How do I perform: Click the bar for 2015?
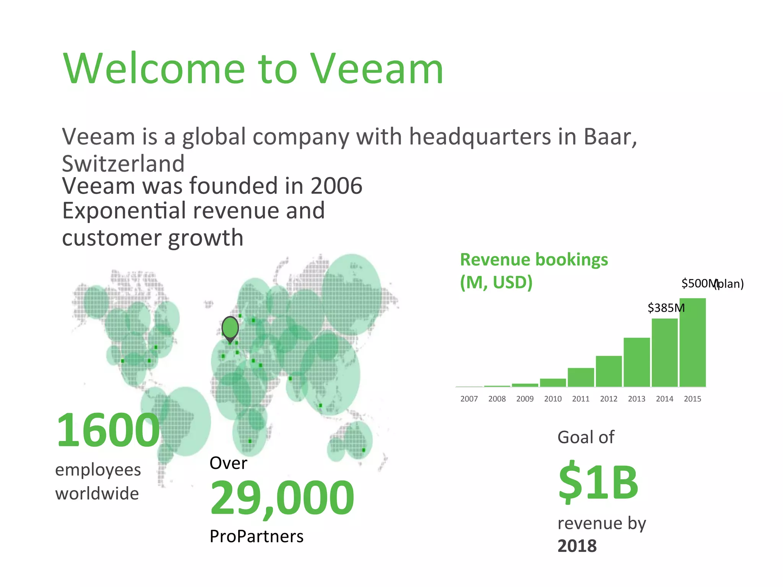pyautogui.click(x=692, y=342)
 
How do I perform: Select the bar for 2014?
pyautogui.click(x=664, y=352)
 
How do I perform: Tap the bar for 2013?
pyautogui.click(x=637, y=362)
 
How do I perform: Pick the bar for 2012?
pyautogui.click(x=609, y=371)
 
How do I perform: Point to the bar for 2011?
pyautogui.click(x=581, y=377)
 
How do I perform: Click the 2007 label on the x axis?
pyautogui.click(x=469, y=399)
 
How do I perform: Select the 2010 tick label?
pyautogui.click(x=553, y=399)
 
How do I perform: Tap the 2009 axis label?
pyautogui.click(x=525, y=399)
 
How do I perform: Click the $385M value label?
pyautogui.click(x=666, y=308)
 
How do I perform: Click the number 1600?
pyautogui.click(x=108, y=430)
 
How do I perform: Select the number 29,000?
pyautogui.click(x=282, y=498)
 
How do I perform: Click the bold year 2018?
pyautogui.click(x=577, y=546)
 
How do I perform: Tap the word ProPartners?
pyautogui.click(x=257, y=537)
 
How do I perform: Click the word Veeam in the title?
pyautogui.click(x=376, y=69)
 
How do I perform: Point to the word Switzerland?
pyautogui.click(x=123, y=164)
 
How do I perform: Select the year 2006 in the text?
pyautogui.click(x=336, y=186)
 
